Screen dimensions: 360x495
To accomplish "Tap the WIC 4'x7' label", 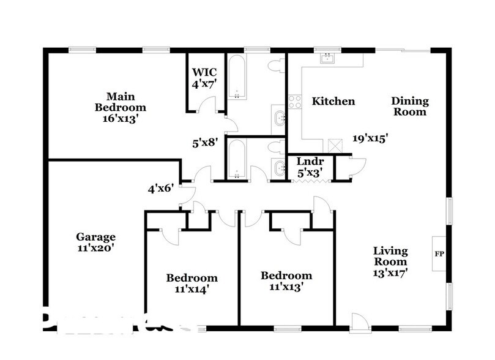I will (x=204, y=78).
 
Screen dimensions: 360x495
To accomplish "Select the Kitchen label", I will (x=333, y=101).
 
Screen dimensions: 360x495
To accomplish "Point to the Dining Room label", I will (x=410, y=107).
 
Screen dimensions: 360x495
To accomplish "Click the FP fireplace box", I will (x=439, y=253).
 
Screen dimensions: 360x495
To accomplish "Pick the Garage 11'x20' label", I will (x=95, y=242).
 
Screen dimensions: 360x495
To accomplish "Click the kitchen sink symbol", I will (x=327, y=59).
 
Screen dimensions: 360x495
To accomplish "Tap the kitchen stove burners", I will (x=295, y=101).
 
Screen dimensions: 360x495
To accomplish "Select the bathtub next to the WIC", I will (x=236, y=77).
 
